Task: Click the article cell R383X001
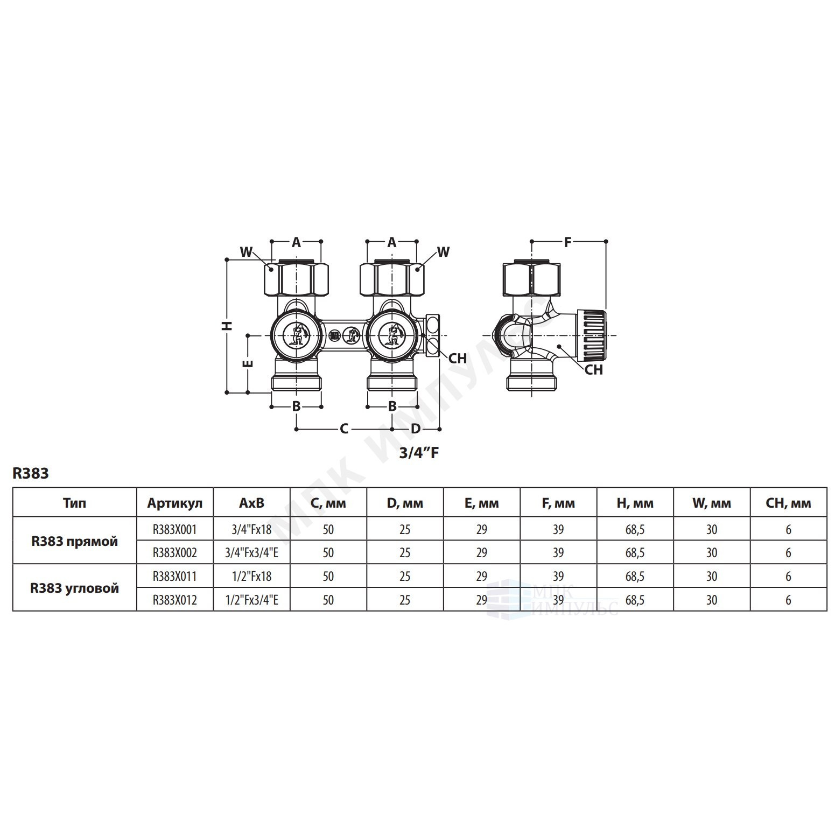coord(175,529)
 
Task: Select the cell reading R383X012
coord(175,600)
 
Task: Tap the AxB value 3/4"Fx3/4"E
coord(252,552)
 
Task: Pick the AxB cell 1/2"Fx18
coord(252,576)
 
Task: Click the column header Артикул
coord(175,503)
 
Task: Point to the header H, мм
coord(635,503)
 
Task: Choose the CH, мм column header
coord(789,503)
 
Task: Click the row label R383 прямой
coord(74,541)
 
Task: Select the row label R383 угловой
coord(74,588)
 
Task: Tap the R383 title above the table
coord(31,473)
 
